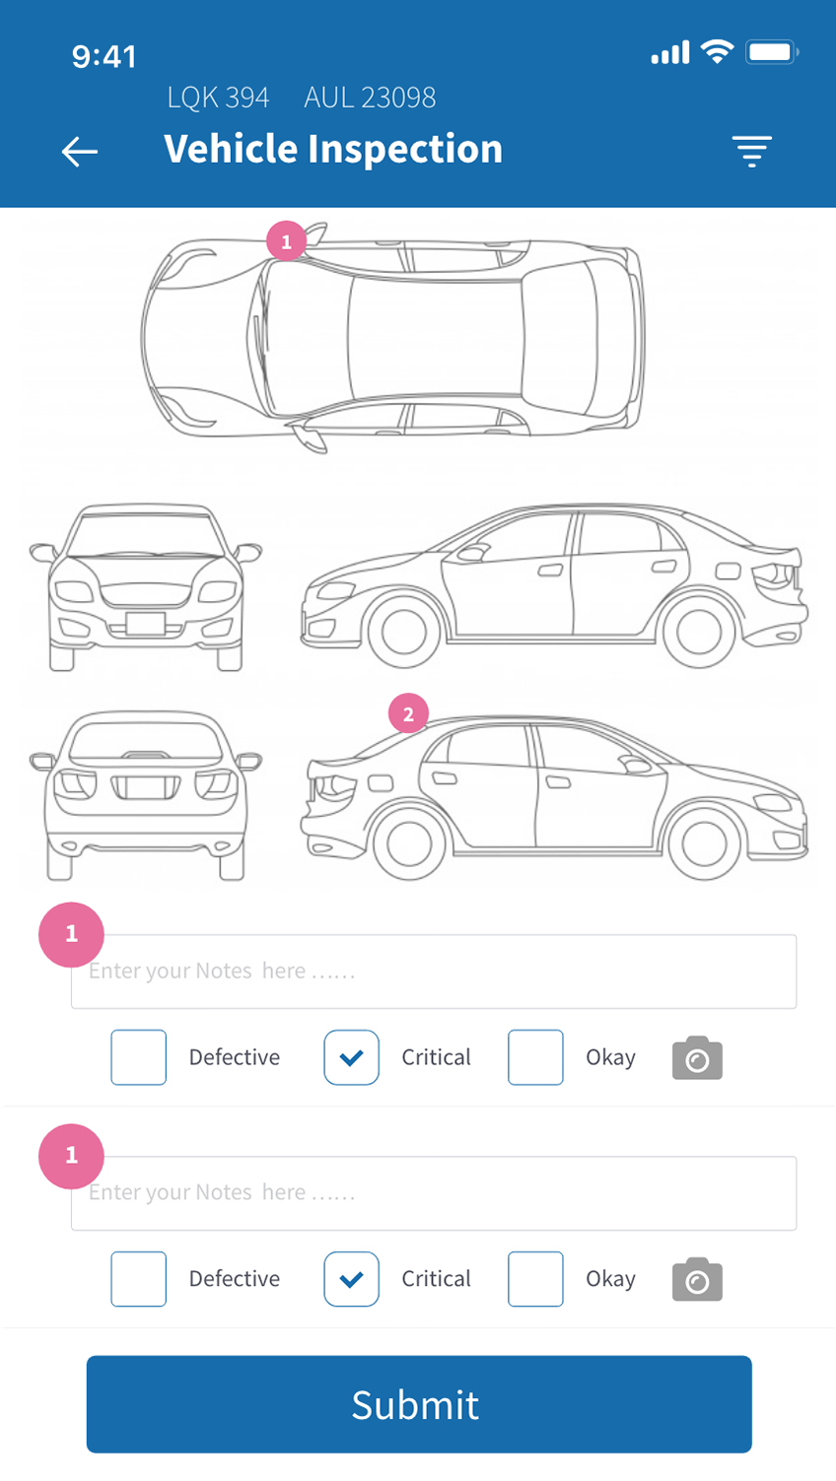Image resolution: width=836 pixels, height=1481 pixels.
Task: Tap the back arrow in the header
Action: [x=80, y=152]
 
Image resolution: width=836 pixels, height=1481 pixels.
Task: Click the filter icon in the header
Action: [x=751, y=152]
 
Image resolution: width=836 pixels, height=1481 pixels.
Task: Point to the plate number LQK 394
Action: [x=218, y=98]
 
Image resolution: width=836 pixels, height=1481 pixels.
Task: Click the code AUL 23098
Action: [x=370, y=98]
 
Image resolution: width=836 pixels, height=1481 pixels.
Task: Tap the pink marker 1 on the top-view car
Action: [x=286, y=241]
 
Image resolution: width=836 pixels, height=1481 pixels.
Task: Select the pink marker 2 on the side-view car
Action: [x=408, y=713]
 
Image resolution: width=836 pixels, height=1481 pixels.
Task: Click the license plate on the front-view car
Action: [x=146, y=624]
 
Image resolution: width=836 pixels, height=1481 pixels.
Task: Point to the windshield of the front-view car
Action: [x=146, y=534]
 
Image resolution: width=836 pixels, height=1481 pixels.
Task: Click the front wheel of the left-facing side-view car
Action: [x=403, y=632]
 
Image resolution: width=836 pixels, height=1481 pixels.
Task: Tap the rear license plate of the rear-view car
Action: [x=146, y=786]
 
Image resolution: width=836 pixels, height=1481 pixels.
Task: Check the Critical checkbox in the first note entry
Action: [x=351, y=1057]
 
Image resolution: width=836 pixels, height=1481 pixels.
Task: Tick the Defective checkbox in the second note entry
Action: [x=138, y=1279]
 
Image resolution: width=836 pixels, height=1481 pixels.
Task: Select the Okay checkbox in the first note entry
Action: [x=535, y=1057]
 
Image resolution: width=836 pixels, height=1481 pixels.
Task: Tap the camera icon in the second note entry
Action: [x=697, y=1279]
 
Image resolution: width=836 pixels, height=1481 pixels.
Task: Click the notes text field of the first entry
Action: [x=434, y=972]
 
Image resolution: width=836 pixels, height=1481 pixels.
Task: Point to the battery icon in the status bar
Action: [x=772, y=52]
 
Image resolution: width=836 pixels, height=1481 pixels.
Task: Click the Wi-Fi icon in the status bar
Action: [x=717, y=51]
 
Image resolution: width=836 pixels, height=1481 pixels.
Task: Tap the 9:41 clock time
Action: [x=104, y=57]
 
